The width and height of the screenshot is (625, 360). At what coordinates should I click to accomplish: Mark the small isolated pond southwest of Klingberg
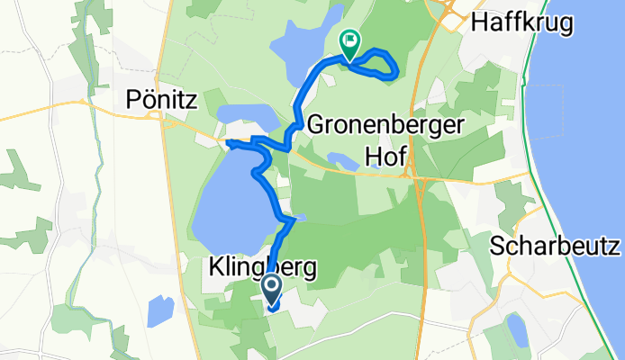(x=159, y=311)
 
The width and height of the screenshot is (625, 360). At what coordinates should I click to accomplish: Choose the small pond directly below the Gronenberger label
(x=341, y=161)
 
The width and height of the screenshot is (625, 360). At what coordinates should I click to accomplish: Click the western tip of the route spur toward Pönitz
(x=227, y=142)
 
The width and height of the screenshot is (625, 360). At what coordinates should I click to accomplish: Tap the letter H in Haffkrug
(x=479, y=23)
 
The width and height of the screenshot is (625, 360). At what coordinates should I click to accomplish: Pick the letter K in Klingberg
(x=215, y=267)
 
